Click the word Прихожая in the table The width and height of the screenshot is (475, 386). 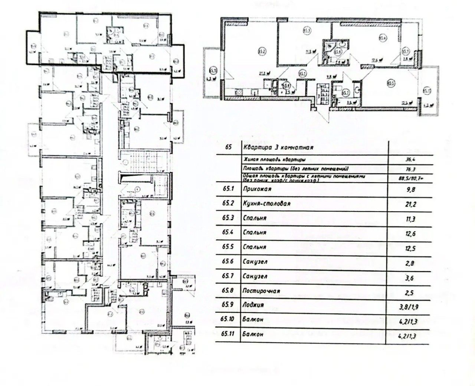(x=256, y=189)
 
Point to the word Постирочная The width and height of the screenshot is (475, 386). (x=261, y=291)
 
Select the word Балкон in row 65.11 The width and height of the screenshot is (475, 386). (x=252, y=334)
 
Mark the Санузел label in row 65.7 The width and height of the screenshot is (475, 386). (x=255, y=276)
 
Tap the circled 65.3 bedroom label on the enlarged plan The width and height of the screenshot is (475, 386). (x=307, y=31)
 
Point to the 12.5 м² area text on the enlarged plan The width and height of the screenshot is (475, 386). (x=409, y=103)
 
